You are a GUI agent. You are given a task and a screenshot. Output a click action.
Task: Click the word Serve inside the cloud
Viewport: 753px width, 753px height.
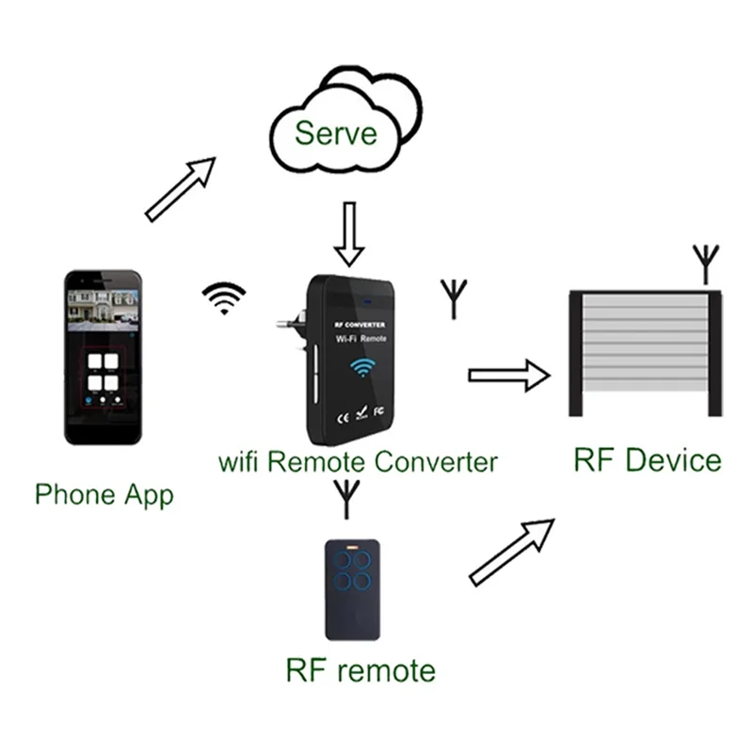click(x=336, y=132)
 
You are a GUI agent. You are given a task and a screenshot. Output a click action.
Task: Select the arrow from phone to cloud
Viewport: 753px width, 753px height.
click(x=182, y=188)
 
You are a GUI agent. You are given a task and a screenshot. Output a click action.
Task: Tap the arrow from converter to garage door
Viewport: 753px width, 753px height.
click(x=508, y=376)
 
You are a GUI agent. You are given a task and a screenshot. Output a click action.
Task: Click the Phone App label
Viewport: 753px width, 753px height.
click(x=104, y=494)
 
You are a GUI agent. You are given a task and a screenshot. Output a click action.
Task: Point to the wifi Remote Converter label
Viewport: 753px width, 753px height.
click(x=357, y=462)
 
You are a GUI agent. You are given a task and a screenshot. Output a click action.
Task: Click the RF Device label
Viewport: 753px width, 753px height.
click(x=647, y=460)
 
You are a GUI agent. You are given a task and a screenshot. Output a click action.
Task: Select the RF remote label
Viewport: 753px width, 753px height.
click(x=360, y=670)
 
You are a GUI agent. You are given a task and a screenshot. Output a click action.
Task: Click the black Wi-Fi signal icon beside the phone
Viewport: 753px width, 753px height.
click(x=223, y=300)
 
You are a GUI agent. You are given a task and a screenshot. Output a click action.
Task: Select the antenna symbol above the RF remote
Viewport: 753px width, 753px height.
click(x=346, y=498)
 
